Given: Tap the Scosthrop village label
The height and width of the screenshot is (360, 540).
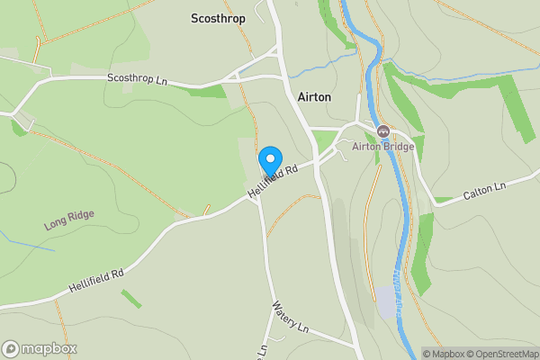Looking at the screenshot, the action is (x=219, y=17).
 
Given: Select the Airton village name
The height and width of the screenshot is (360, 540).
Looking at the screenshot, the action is (x=313, y=96).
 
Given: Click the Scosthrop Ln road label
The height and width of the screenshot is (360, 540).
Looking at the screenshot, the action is (x=138, y=80).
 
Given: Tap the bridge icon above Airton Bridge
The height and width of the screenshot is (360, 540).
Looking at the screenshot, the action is (x=382, y=131).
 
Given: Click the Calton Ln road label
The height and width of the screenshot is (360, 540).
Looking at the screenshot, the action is (x=485, y=187).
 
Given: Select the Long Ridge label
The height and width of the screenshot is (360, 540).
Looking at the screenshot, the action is (x=69, y=220).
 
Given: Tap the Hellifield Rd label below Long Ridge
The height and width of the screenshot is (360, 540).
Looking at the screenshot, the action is (x=94, y=280).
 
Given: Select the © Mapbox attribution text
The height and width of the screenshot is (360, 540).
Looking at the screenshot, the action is (x=441, y=354).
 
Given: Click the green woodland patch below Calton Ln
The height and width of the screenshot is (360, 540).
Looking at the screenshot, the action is (x=421, y=265).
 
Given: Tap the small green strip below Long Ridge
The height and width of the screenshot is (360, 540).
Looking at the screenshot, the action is (x=131, y=298).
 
